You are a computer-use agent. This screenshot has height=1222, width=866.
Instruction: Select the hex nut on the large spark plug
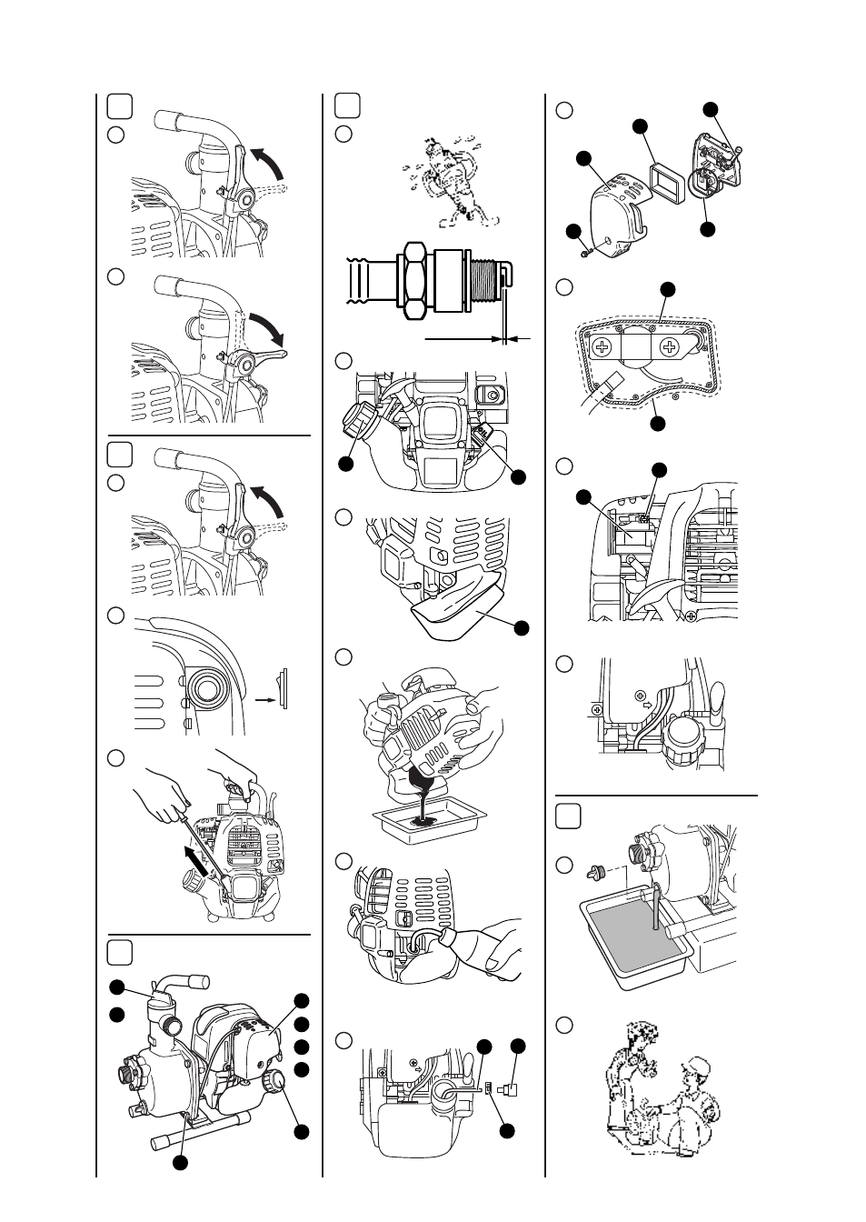pos(414,280)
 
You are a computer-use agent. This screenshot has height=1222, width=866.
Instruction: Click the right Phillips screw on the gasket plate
pos(670,346)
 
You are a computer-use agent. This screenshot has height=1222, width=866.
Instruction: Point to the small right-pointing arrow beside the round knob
pos(264,701)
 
